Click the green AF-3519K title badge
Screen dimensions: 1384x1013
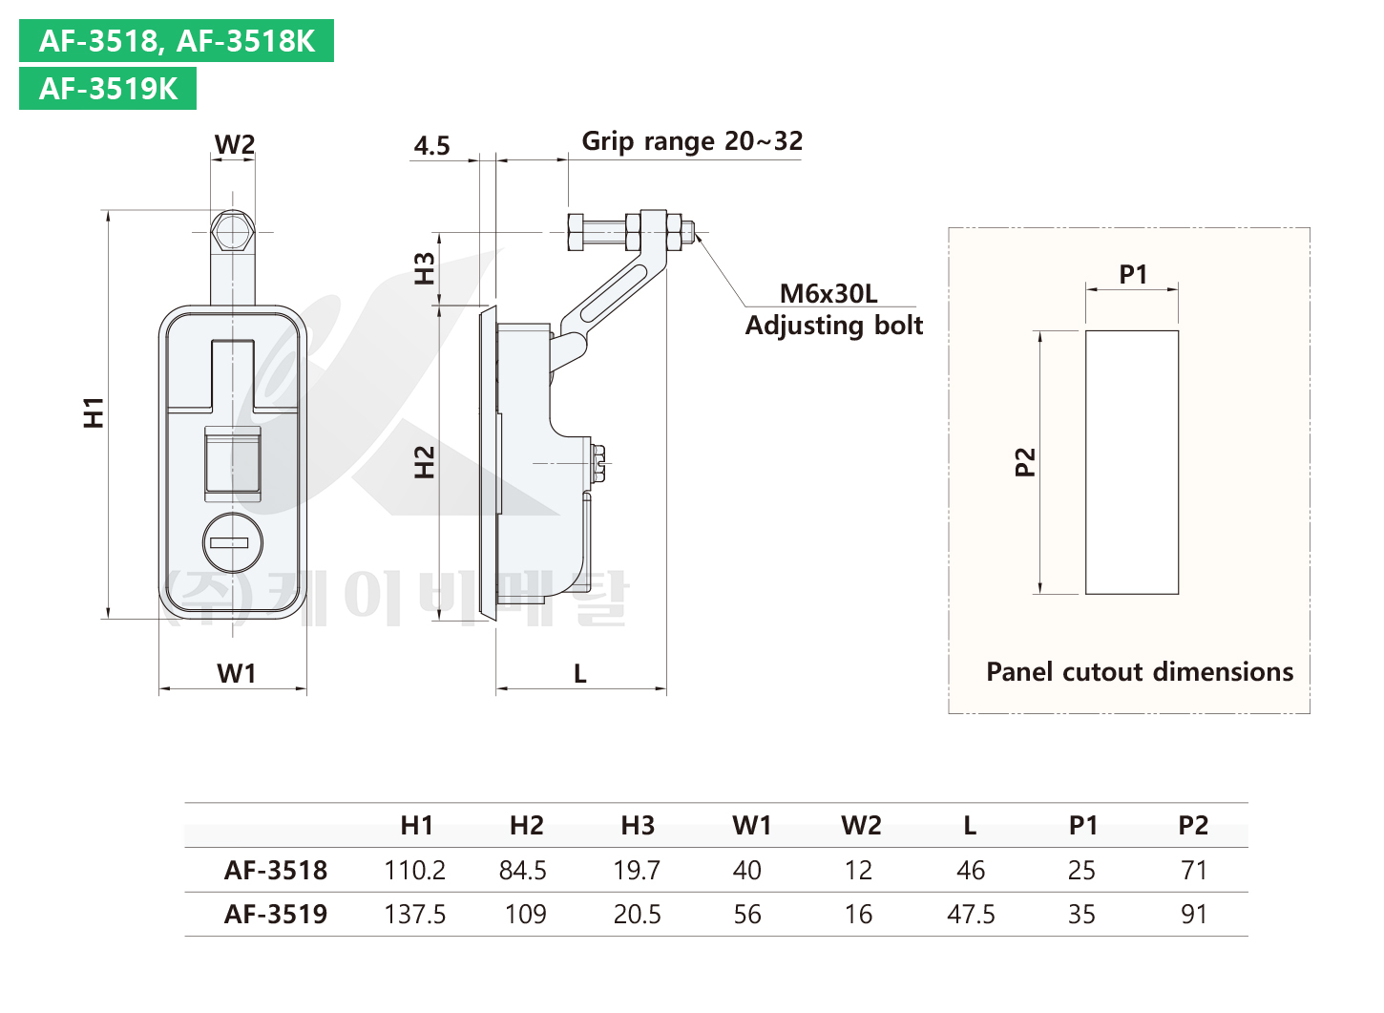(108, 89)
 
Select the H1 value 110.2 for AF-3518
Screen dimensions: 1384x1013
(414, 870)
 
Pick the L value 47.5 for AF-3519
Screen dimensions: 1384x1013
(971, 914)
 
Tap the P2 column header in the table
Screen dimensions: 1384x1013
(1193, 825)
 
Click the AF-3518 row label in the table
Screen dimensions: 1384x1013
(276, 870)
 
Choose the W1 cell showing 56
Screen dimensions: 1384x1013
(747, 914)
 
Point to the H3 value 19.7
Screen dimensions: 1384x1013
(637, 870)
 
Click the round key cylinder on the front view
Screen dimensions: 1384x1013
(233, 543)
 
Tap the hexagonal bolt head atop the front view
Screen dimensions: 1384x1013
(232, 231)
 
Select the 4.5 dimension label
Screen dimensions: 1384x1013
(431, 146)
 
